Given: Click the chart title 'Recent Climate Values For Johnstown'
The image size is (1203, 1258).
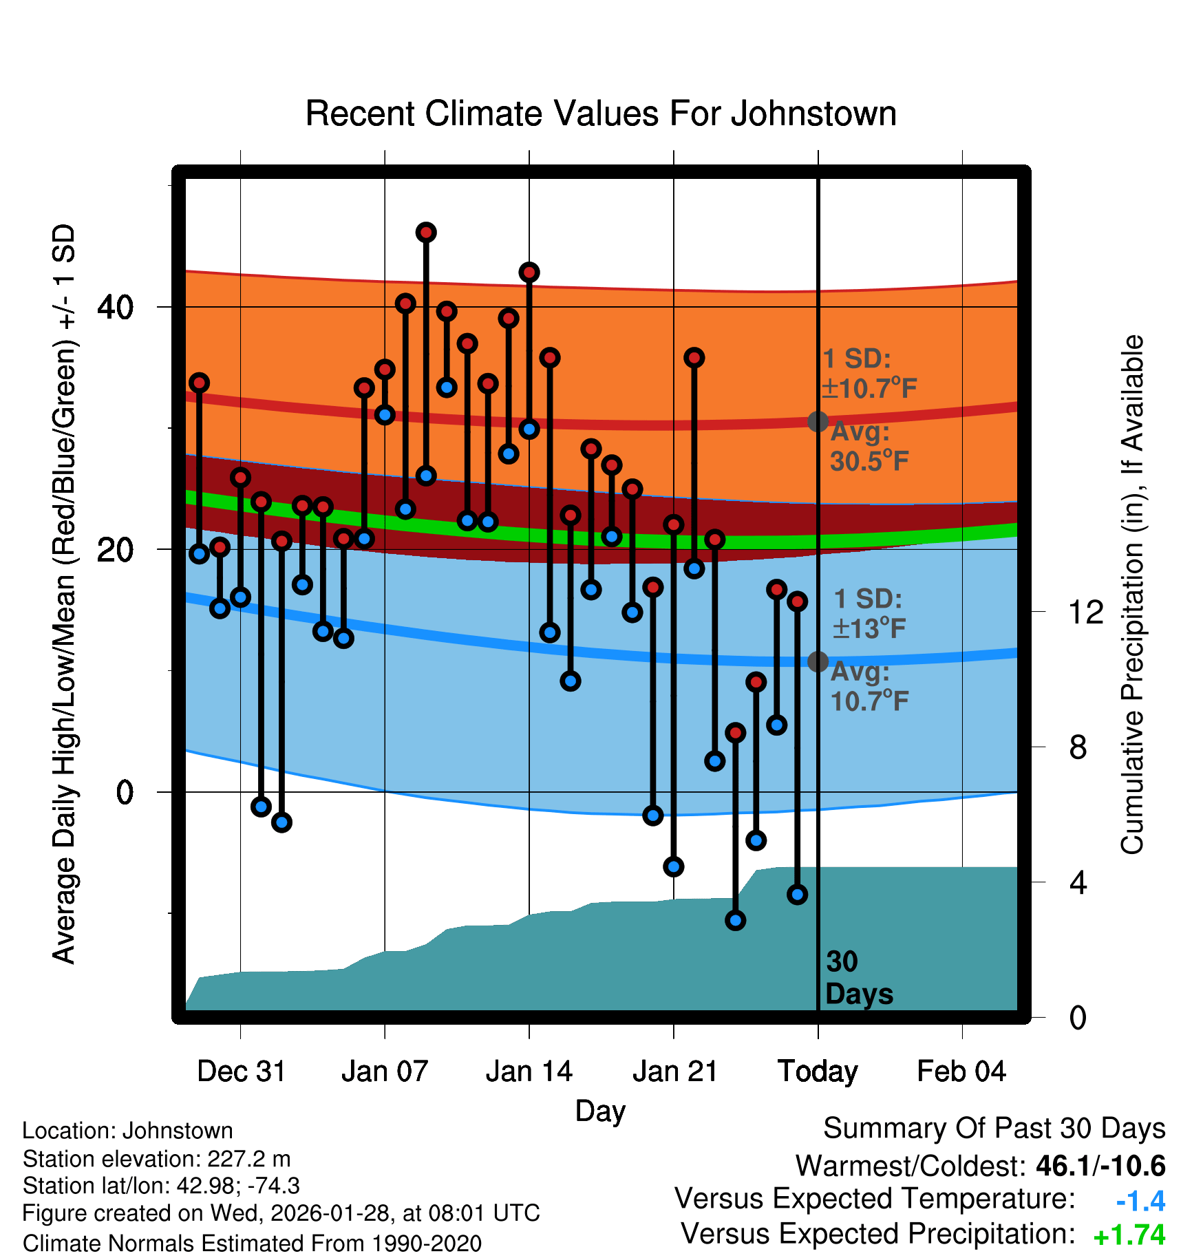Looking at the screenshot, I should click(x=601, y=114).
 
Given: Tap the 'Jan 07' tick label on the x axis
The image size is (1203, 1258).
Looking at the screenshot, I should click(x=385, y=1072).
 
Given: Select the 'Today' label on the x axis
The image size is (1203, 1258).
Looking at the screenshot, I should click(x=818, y=1072).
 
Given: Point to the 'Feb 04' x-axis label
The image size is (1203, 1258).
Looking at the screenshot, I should click(x=961, y=1072).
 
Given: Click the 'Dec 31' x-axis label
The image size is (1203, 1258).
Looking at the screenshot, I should click(x=241, y=1072).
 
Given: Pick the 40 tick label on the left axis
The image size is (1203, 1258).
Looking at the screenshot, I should click(x=115, y=307).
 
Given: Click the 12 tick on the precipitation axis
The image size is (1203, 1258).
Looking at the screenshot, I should click(x=1086, y=612).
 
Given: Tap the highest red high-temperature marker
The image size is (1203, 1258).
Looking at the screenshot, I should click(x=426, y=233).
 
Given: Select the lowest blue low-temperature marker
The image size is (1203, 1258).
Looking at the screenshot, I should click(x=735, y=920).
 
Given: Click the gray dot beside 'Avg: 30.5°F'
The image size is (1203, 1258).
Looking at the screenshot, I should click(x=818, y=421).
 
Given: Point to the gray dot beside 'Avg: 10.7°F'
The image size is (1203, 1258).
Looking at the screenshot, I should click(x=818, y=661).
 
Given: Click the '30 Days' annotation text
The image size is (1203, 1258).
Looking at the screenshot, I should click(x=858, y=978).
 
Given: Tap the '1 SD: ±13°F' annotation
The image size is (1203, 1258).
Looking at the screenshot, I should click(x=869, y=613).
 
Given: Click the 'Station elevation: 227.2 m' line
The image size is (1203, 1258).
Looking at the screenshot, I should click(x=157, y=1159).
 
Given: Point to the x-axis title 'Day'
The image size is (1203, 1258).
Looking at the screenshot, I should click(x=600, y=1111).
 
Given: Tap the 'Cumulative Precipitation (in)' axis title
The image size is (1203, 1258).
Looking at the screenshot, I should click(x=1132, y=595).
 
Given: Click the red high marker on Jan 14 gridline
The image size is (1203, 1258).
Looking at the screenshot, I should click(x=529, y=273).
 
